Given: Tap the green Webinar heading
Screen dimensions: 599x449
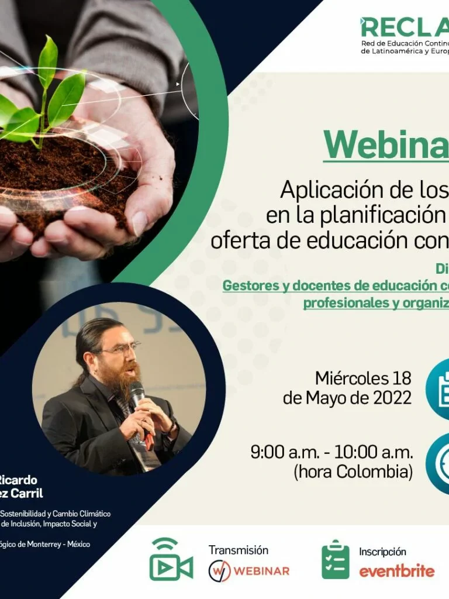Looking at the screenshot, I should (386, 144).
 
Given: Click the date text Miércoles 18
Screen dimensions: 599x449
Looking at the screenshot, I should (363, 378).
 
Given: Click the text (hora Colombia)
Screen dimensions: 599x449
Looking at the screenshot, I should (353, 471).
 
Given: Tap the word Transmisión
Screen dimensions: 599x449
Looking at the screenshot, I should (238, 550).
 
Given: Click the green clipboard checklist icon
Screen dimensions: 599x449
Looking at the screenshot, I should (336, 560).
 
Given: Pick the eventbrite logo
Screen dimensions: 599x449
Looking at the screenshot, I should (396, 571).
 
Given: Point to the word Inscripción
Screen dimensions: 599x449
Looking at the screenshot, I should (382, 552).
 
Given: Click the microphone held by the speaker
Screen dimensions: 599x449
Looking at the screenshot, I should (137, 394).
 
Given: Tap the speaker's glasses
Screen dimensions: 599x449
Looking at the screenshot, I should (120, 350).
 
